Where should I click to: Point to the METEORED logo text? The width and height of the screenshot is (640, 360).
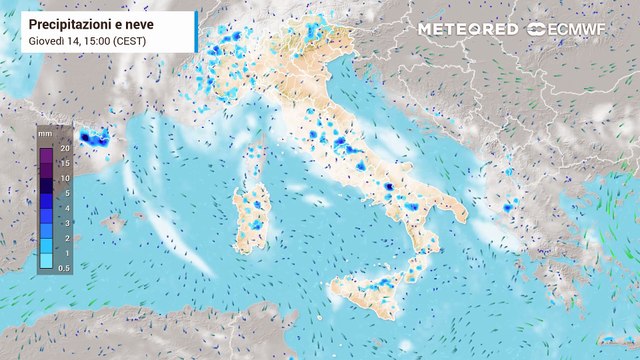[x=468, y=29]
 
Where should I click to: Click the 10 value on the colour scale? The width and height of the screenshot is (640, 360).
[x=64, y=177]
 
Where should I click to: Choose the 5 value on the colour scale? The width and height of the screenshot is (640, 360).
[x=64, y=191]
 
